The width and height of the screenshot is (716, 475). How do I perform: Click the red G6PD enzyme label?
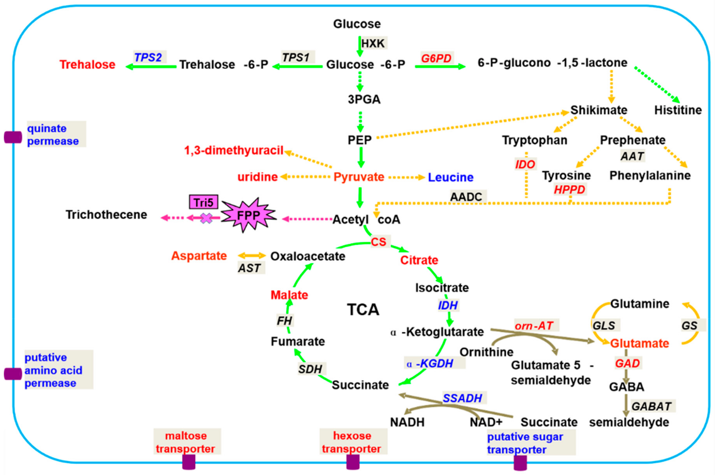[x=436, y=58]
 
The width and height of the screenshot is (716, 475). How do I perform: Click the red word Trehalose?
[x=87, y=64]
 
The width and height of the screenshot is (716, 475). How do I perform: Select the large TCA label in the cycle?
[x=363, y=310]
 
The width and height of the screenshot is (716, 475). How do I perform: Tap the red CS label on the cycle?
[x=379, y=242]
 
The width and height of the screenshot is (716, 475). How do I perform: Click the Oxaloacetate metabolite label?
[x=308, y=256]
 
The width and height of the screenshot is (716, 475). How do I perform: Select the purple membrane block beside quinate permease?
[x=13, y=137]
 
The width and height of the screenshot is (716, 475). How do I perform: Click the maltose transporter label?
[x=186, y=442]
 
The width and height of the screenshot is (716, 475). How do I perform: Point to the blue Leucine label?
[x=450, y=177]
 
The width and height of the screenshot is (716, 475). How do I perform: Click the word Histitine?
[x=678, y=110]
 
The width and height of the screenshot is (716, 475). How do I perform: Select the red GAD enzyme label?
[x=627, y=363]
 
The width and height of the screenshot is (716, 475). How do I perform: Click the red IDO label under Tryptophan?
[x=525, y=164]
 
